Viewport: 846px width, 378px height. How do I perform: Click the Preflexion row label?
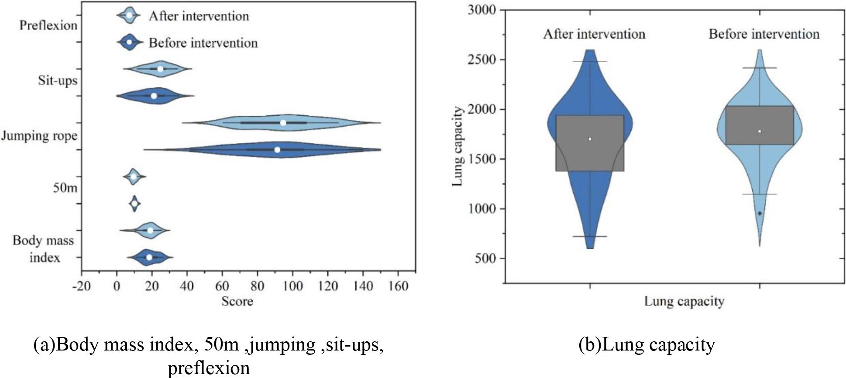coord(48,25)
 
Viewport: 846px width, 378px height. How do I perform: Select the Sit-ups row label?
coord(57,81)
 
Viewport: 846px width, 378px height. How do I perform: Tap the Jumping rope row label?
coord(39,136)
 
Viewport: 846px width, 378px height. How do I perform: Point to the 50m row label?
coord(65,188)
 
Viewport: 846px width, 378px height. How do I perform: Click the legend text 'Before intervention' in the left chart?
coord(203,43)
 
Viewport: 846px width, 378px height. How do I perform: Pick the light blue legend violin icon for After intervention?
coord(129,15)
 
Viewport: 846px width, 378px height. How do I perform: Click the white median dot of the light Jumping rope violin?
coord(283,123)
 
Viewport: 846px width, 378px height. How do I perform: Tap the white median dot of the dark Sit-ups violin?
coord(154,96)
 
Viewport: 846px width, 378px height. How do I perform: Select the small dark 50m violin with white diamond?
coord(134,203)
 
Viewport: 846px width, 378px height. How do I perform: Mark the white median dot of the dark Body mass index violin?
coord(149,257)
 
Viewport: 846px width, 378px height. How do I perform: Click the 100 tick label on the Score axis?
coord(292,286)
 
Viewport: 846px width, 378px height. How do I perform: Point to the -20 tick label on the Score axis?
coord(81,286)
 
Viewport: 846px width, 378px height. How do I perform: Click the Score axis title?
coord(237,301)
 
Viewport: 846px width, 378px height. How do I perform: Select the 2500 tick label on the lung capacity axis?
coord(482,59)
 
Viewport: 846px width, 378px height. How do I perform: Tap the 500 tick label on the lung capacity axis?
coord(485,258)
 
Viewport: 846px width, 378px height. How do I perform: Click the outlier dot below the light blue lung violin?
coord(760,213)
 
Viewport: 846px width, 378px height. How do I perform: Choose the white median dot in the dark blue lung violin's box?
coord(590,139)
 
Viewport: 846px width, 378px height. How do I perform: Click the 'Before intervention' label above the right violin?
coord(764,34)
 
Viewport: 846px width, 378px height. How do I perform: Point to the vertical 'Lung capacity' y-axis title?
coord(457,146)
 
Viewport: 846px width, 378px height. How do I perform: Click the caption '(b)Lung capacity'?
coord(647,345)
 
